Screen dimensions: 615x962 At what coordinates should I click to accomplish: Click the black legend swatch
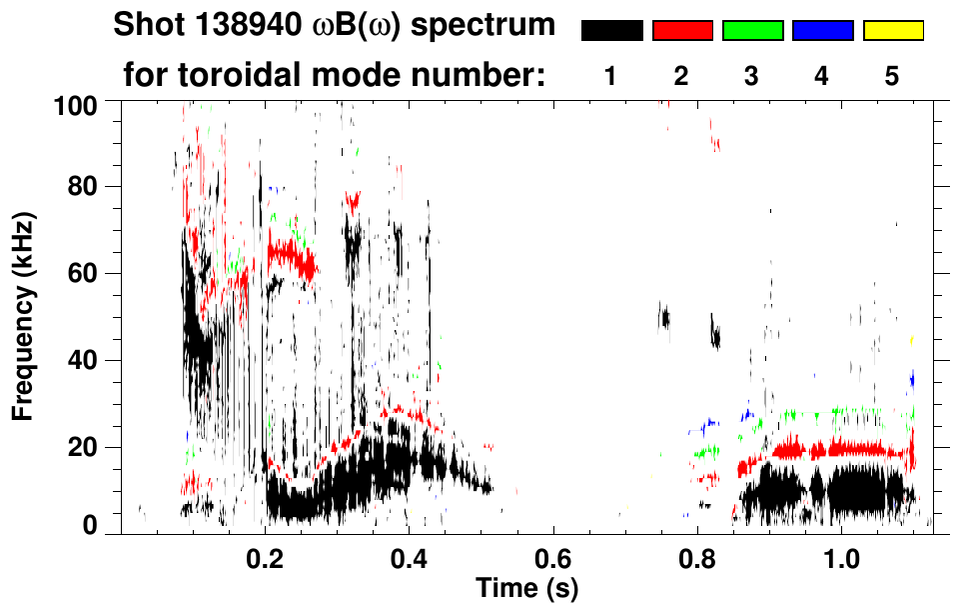611,31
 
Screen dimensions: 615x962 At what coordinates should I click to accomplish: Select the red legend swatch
682,31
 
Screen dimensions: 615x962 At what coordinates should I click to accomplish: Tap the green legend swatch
752,31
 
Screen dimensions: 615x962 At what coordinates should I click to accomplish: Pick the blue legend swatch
822,31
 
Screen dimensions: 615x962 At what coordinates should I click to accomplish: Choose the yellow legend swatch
892,31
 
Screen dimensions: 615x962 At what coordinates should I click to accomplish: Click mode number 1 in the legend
611,77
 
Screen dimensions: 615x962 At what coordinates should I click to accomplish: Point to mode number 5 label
892,77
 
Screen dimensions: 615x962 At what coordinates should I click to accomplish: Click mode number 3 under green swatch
752,77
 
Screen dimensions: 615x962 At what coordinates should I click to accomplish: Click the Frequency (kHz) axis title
24,315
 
